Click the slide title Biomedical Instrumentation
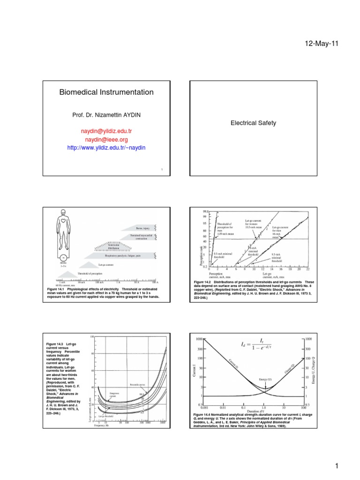pos(106,92)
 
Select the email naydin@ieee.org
pos(106,139)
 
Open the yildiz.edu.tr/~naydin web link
pos(106,148)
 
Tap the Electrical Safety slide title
pos(253,123)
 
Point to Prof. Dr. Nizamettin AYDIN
pos(106,115)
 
